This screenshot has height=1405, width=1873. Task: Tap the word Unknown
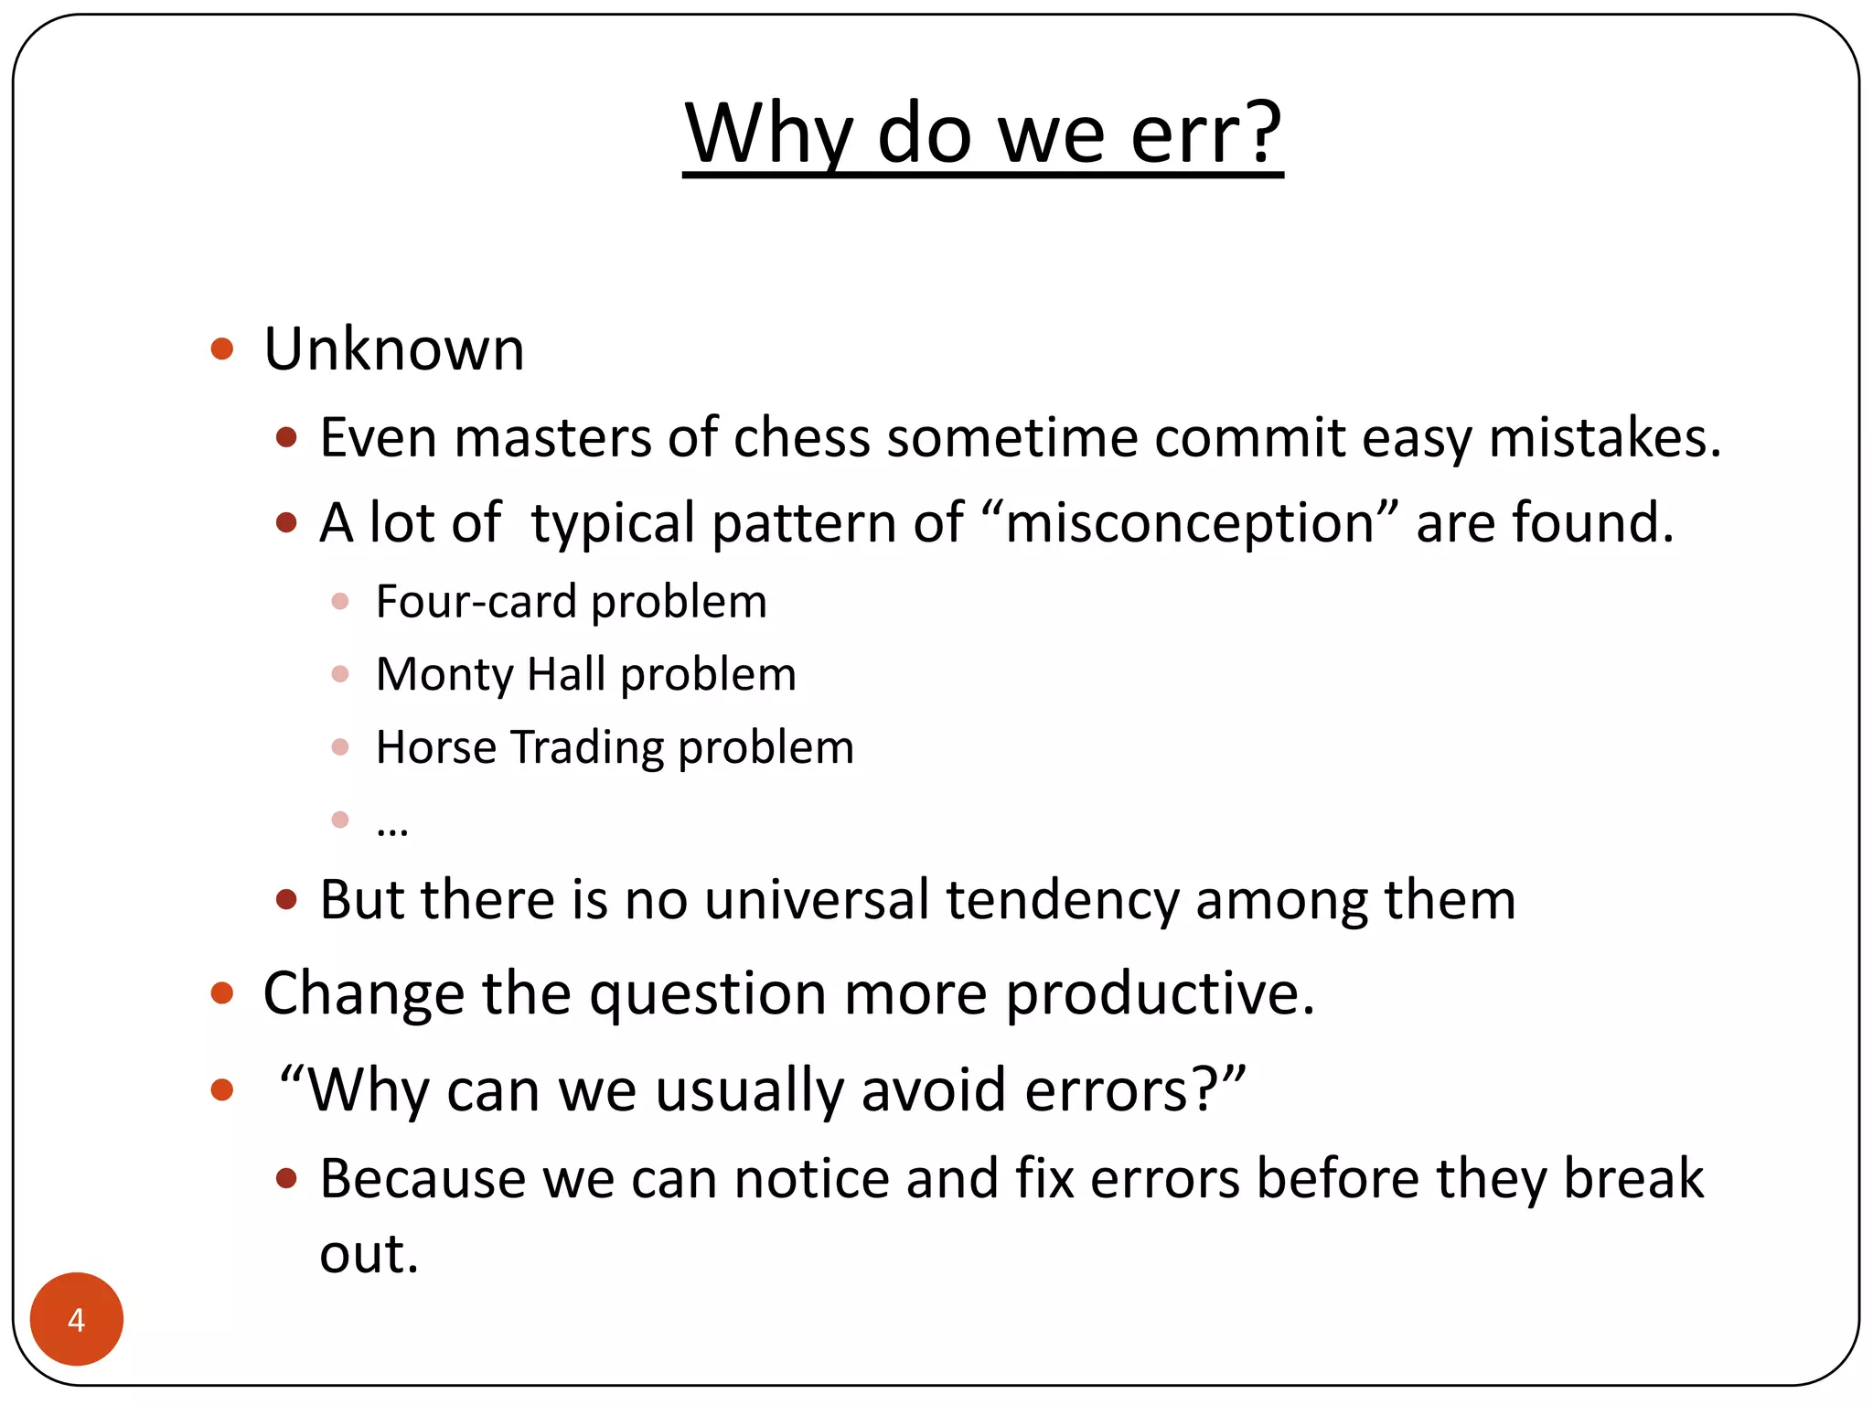coord(394,349)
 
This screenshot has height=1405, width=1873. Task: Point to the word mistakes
coord(1604,437)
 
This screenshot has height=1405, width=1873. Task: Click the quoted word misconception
coord(1190,523)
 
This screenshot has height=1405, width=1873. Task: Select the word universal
coord(817,900)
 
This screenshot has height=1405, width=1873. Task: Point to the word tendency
coord(1063,900)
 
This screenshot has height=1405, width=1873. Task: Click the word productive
coord(1160,993)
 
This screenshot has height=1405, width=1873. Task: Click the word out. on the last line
coord(369,1253)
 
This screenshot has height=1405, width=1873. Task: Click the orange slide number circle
coord(77,1319)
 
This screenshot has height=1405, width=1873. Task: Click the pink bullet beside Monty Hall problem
coord(340,674)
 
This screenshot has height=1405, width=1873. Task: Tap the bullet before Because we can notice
coord(286,1178)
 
